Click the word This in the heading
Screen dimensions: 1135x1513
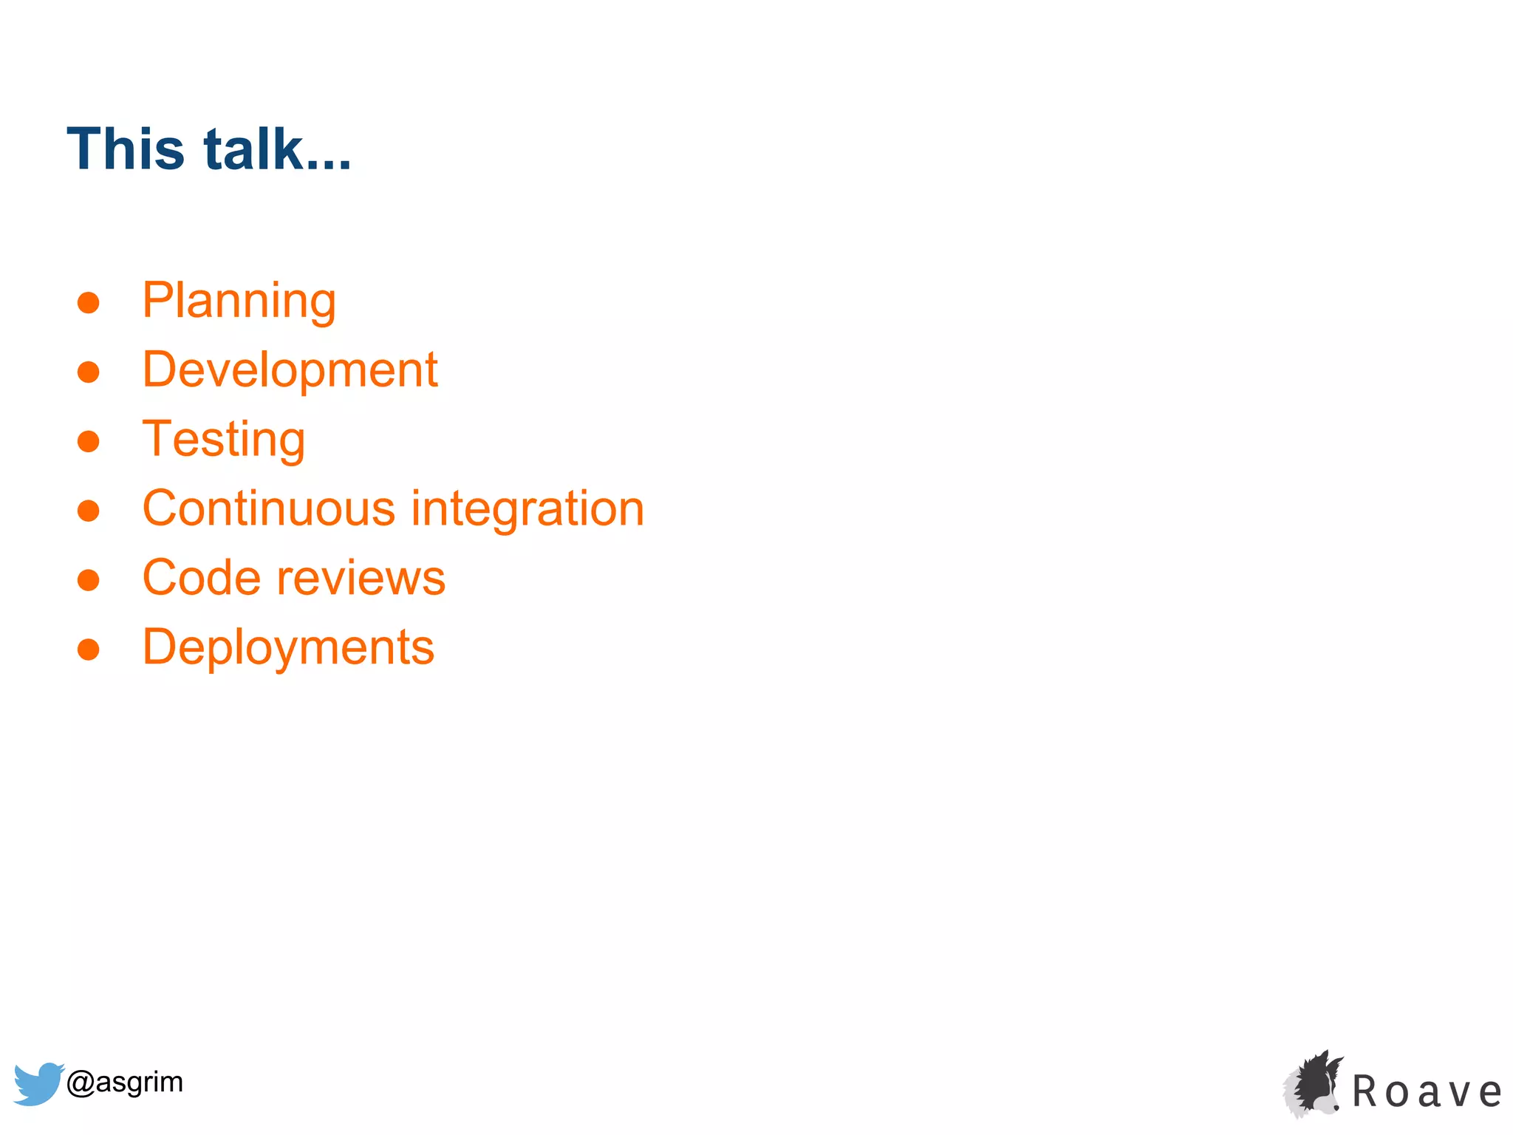tap(125, 149)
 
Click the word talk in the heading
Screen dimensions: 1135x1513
tap(253, 149)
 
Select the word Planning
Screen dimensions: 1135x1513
tap(239, 301)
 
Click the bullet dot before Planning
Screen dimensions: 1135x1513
tap(89, 302)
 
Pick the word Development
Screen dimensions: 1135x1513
tap(290, 370)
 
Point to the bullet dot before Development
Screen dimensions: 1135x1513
tap(89, 372)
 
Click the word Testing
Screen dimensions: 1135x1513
tap(223, 440)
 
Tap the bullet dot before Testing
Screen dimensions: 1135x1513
tap(89, 441)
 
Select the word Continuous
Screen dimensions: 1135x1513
tap(269, 508)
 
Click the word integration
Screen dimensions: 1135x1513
tap(527, 508)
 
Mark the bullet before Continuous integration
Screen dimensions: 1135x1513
tap(89, 511)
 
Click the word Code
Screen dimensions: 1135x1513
tap(201, 578)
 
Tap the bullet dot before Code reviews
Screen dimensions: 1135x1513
tap(89, 580)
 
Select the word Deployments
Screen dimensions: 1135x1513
tap(288, 648)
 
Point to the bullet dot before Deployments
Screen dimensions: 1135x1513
tap(89, 650)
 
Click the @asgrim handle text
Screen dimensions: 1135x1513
tap(124, 1082)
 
